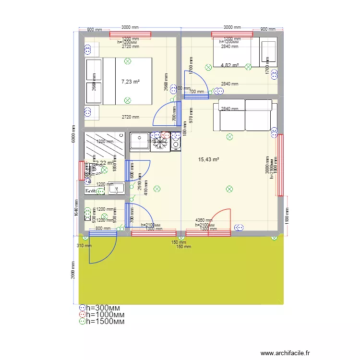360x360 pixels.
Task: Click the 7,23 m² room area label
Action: (131, 82)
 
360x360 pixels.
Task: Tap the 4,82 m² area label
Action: (229, 65)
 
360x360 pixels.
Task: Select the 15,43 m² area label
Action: (208, 159)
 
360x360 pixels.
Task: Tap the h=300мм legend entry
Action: (103, 308)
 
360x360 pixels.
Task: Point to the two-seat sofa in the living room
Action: (245, 115)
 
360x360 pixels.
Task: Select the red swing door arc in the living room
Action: (221, 218)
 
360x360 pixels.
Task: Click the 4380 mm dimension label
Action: (204, 220)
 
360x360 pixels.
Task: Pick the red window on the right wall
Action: (279, 165)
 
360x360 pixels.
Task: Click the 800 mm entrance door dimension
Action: (103, 229)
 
